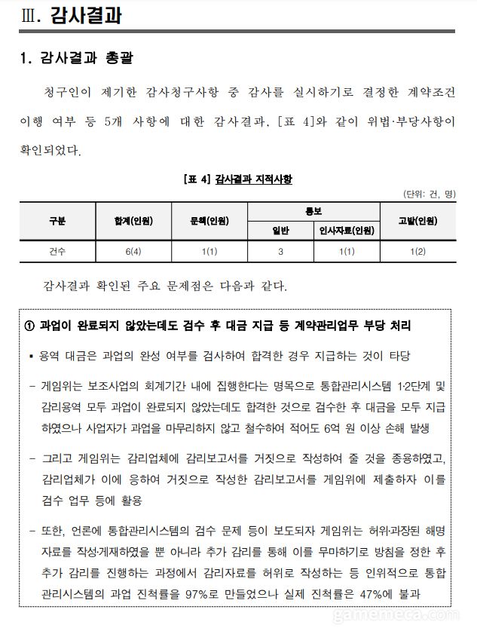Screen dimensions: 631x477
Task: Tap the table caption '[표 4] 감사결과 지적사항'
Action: (x=237, y=179)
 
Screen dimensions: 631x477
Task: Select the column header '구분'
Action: (x=57, y=221)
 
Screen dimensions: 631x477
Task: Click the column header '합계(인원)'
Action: (x=134, y=221)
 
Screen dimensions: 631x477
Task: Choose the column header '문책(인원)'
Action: (x=210, y=221)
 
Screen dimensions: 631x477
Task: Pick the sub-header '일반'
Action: (x=280, y=230)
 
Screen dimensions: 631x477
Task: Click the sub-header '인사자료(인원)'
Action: (x=347, y=230)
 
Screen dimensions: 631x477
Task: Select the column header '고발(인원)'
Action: (x=417, y=221)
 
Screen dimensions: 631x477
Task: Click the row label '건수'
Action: (x=57, y=251)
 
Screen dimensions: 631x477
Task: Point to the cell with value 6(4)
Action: (x=134, y=251)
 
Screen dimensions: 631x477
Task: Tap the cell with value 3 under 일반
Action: (x=280, y=251)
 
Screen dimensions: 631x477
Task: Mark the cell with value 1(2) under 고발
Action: (x=417, y=251)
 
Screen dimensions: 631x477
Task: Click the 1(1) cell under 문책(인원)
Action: (x=210, y=251)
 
